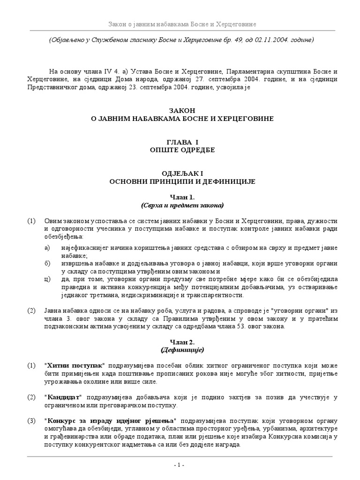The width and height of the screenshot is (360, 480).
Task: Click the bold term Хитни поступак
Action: (x=81, y=365)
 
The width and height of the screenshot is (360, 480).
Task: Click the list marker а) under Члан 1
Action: (x=46, y=247)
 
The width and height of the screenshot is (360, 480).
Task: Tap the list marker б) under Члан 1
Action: (x=46, y=263)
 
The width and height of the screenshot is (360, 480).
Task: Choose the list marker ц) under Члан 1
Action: (x=46, y=279)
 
